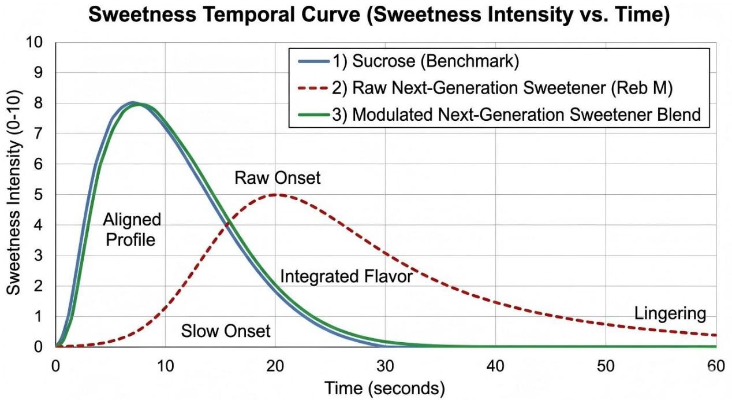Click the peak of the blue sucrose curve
tap(133, 103)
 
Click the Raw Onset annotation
tap(277, 177)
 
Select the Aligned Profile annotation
tap(132, 229)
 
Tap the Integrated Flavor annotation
tap(346, 277)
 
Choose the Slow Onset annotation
tap(226, 331)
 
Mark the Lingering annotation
tap(670, 314)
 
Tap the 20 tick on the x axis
tap(275, 366)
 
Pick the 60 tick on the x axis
tap(715, 366)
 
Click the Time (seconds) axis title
tap(384, 387)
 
